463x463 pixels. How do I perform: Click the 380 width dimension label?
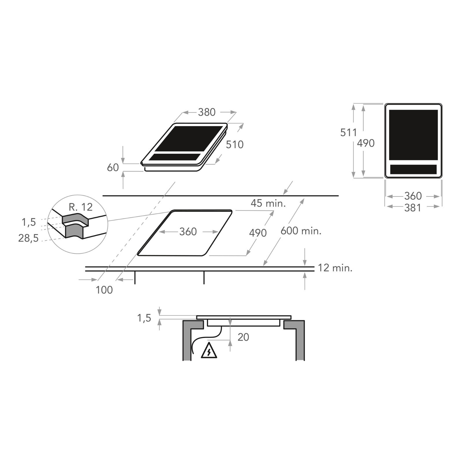click(x=207, y=112)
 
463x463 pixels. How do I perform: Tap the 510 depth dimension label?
click(x=235, y=145)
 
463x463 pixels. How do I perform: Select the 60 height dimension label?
click(x=113, y=168)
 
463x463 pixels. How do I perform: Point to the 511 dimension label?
click(x=348, y=133)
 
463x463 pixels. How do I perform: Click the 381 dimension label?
click(x=413, y=208)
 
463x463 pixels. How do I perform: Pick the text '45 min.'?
click(x=268, y=203)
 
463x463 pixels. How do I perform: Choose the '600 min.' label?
click(x=301, y=231)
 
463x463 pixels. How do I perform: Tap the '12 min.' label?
click(x=335, y=268)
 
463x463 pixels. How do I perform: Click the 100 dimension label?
click(x=104, y=290)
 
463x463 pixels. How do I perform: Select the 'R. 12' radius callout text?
click(x=81, y=207)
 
